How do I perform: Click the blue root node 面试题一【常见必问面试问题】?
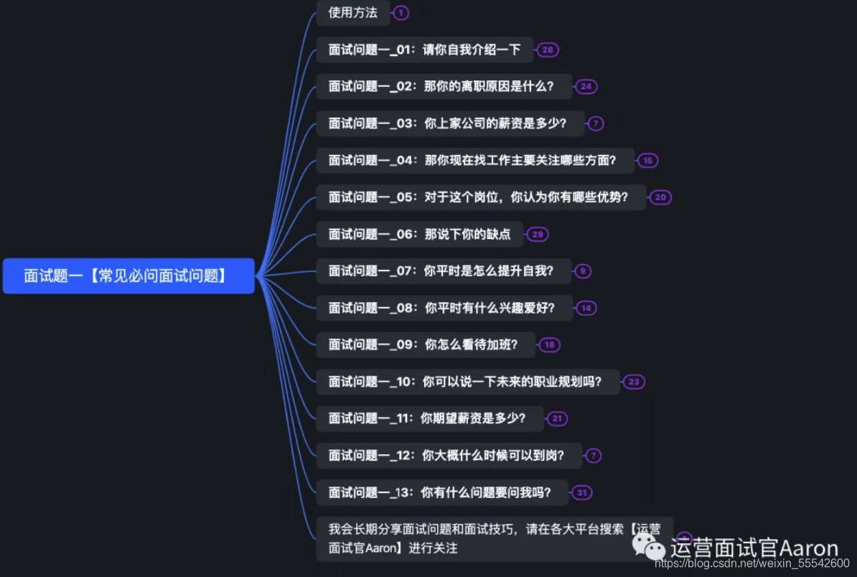[x=128, y=276]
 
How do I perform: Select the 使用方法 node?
[x=352, y=12]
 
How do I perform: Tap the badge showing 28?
[x=548, y=50]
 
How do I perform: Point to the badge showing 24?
[x=586, y=87]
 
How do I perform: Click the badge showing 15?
[x=647, y=161]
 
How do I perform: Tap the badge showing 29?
[x=537, y=234]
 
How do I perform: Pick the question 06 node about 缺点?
[x=419, y=234]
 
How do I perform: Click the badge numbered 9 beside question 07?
[x=583, y=271]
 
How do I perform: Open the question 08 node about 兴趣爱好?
[x=444, y=308]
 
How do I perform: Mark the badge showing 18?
[x=549, y=345]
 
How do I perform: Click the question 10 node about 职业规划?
[x=467, y=382]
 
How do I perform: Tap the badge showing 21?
[x=556, y=418]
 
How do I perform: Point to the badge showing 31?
[x=581, y=492]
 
